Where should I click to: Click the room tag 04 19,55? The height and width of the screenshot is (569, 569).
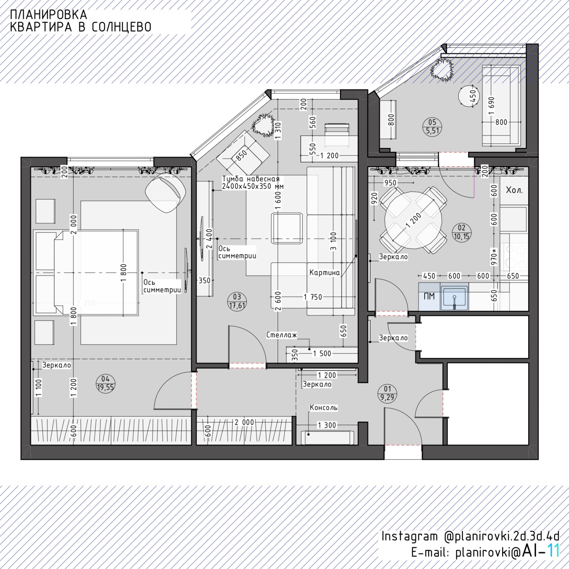click(x=105, y=383)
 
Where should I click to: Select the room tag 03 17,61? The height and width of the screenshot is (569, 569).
click(x=237, y=301)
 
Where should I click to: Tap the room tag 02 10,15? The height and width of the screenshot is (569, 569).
click(x=461, y=232)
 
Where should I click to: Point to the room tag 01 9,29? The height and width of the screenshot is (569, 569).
click(x=387, y=393)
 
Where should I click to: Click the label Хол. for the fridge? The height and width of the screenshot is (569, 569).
click(x=514, y=190)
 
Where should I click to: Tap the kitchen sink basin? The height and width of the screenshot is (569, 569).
click(x=454, y=297)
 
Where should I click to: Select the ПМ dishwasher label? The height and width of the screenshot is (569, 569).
click(x=429, y=296)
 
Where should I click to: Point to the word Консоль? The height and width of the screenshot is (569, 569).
click(x=324, y=408)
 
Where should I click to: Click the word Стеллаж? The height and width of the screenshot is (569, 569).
click(x=282, y=335)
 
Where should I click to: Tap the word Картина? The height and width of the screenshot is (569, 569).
click(x=325, y=273)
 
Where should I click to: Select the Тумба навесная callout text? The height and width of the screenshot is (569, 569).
click(x=252, y=182)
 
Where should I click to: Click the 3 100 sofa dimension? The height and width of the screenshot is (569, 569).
click(x=333, y=241)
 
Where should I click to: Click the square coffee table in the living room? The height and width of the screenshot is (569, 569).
click(x=287, y=228)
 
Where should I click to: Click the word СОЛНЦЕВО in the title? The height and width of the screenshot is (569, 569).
click(x=122, y=27)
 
